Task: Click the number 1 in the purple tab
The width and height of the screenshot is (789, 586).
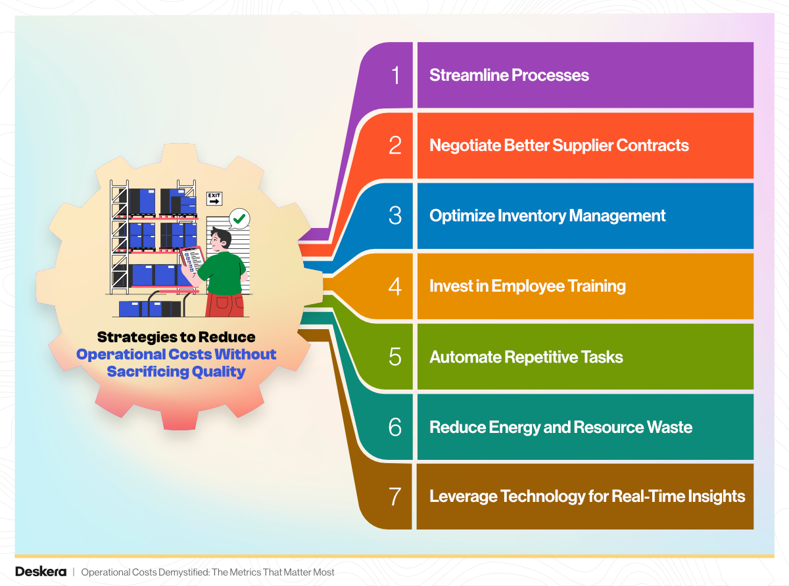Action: pyautogui.click(x=395, y=76)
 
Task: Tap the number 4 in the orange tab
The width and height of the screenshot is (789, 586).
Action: pyautogui.click(x=395, y=286)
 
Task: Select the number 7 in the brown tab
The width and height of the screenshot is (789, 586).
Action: pyautogui.click(x=395, y=497)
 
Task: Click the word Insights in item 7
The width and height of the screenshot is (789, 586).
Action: pyautogui.click(x=714, y=497)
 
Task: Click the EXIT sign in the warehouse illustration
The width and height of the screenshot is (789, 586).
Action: pyautogui.click(x=214, y=198)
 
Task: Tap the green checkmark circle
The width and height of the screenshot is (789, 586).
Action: pyautogui.click(x=239, y=218)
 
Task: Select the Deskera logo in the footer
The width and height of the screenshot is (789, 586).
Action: pyautogui.click(x=41, y=572)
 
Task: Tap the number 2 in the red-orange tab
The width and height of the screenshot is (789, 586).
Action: pyautogui.click(x=395, y=145)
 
